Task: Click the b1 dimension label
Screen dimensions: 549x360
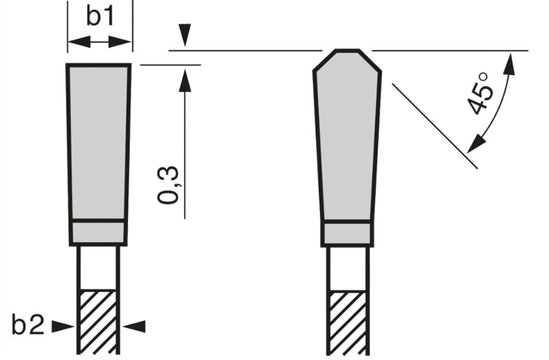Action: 100,17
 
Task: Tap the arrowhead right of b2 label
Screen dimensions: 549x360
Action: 63,326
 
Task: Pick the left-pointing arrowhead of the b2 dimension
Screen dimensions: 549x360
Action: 135,326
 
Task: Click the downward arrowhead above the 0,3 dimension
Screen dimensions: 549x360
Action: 185,35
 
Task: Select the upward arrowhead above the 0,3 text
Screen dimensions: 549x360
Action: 185,81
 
